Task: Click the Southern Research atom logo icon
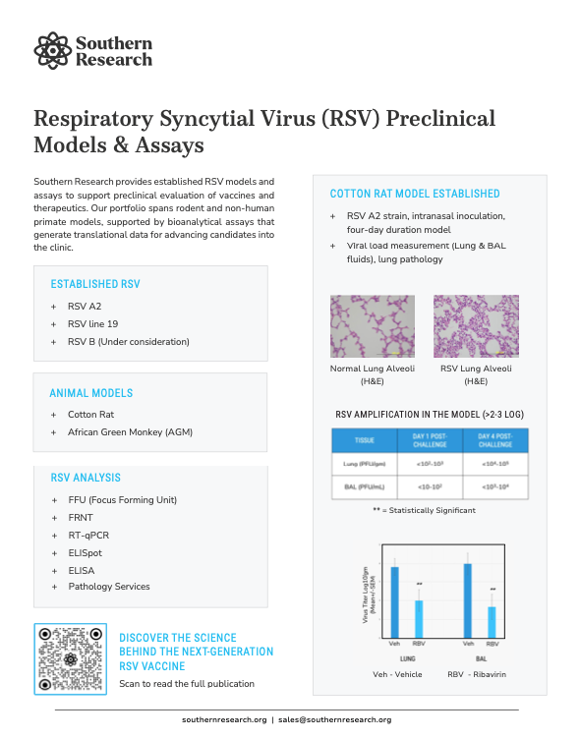[51, 49]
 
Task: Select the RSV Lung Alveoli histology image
[477, 326]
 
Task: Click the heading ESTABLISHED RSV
[95, 284]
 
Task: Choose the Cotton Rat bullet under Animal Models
[90, 415]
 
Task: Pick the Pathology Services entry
[109, 587]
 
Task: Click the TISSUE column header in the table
[365, 441]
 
